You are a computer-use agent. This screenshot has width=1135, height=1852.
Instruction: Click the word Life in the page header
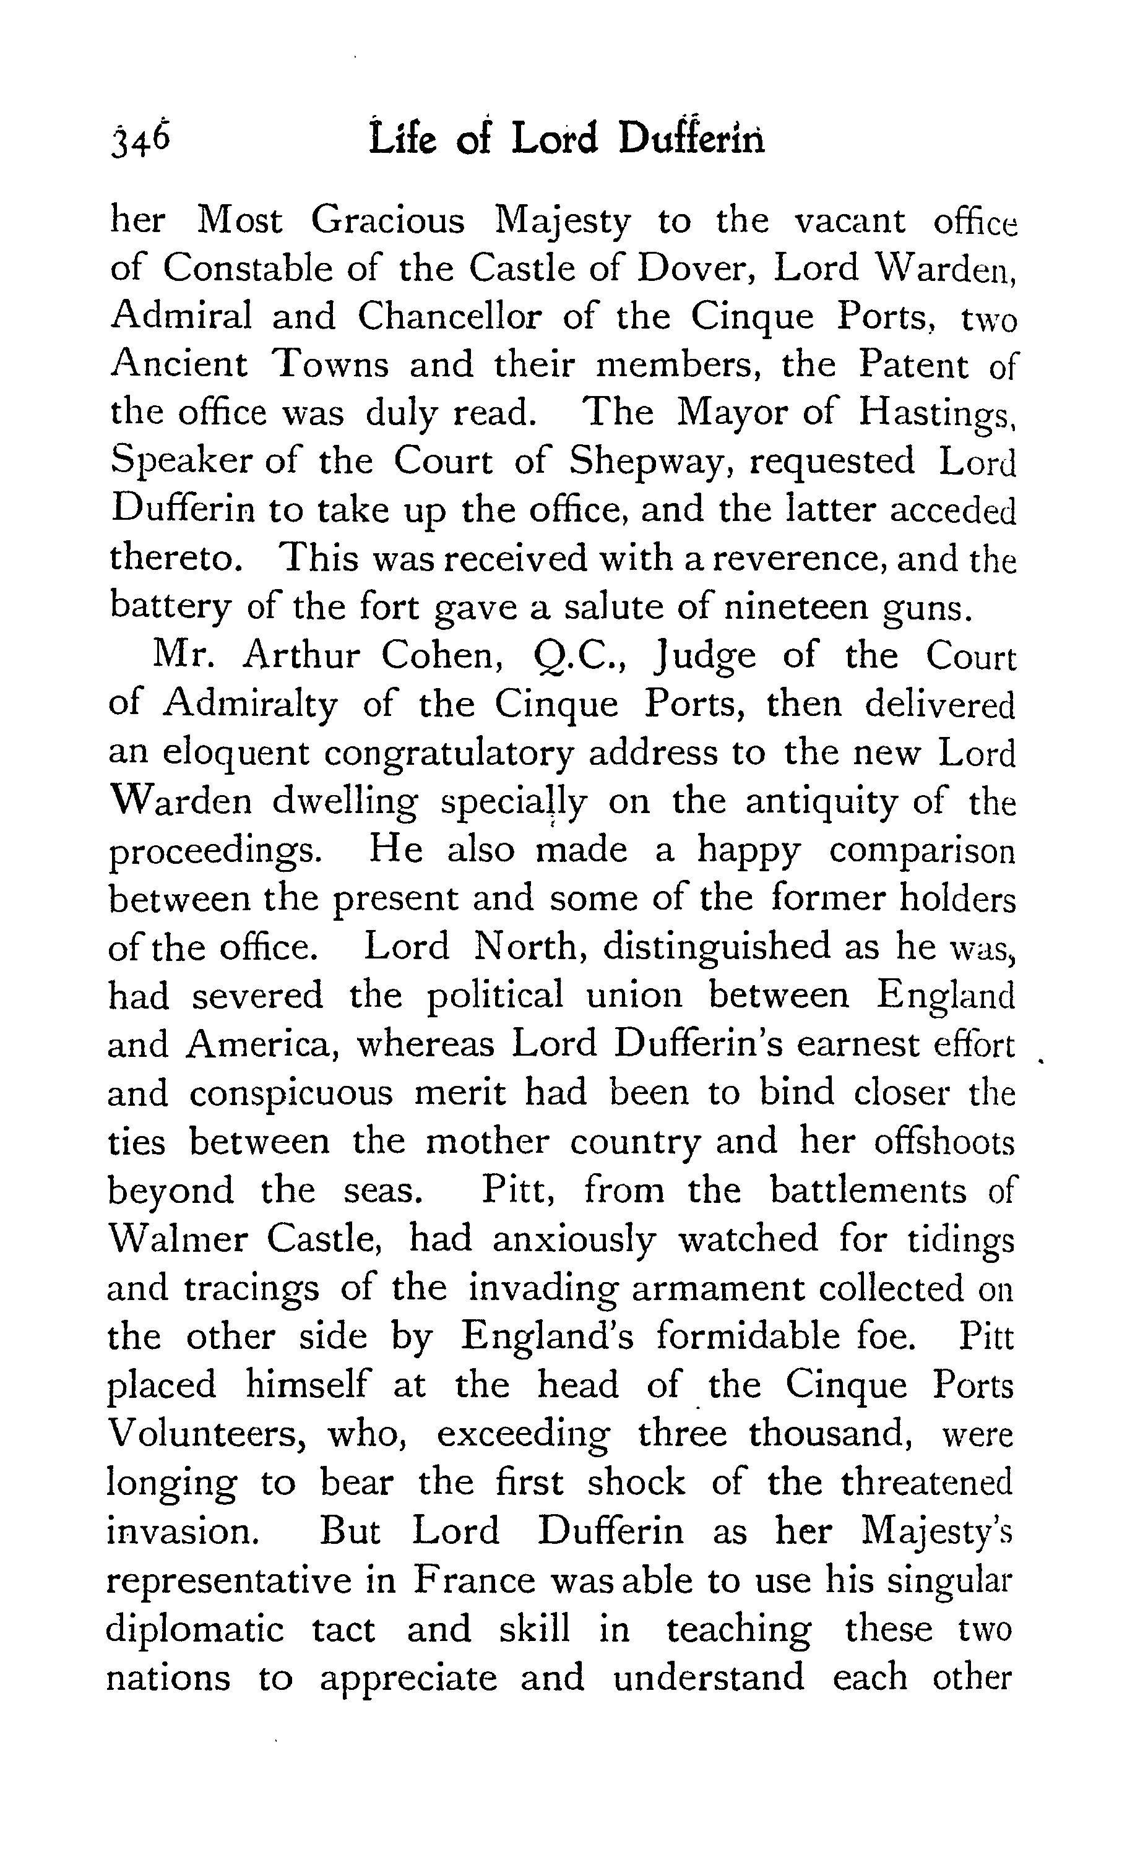[x=402, y=140]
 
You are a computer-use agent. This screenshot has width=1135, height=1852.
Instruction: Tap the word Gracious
[x=388, y=221]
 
